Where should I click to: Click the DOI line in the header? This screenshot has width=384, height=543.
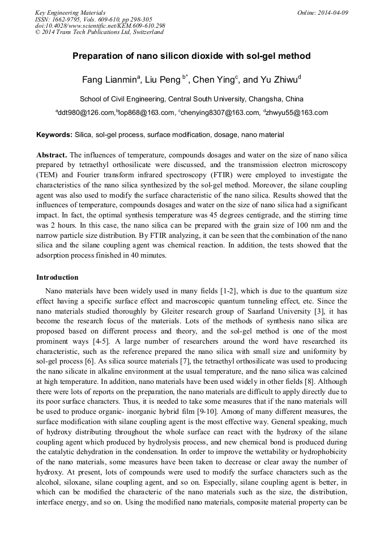[100, 25]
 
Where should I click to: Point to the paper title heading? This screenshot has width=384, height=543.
[191, 57]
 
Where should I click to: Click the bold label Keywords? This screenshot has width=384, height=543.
[54, 135]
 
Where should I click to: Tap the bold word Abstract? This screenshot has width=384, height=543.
[51, 155]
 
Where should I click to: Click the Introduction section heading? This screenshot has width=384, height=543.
[57, 277]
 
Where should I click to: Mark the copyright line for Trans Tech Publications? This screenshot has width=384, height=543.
[99, 32]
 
